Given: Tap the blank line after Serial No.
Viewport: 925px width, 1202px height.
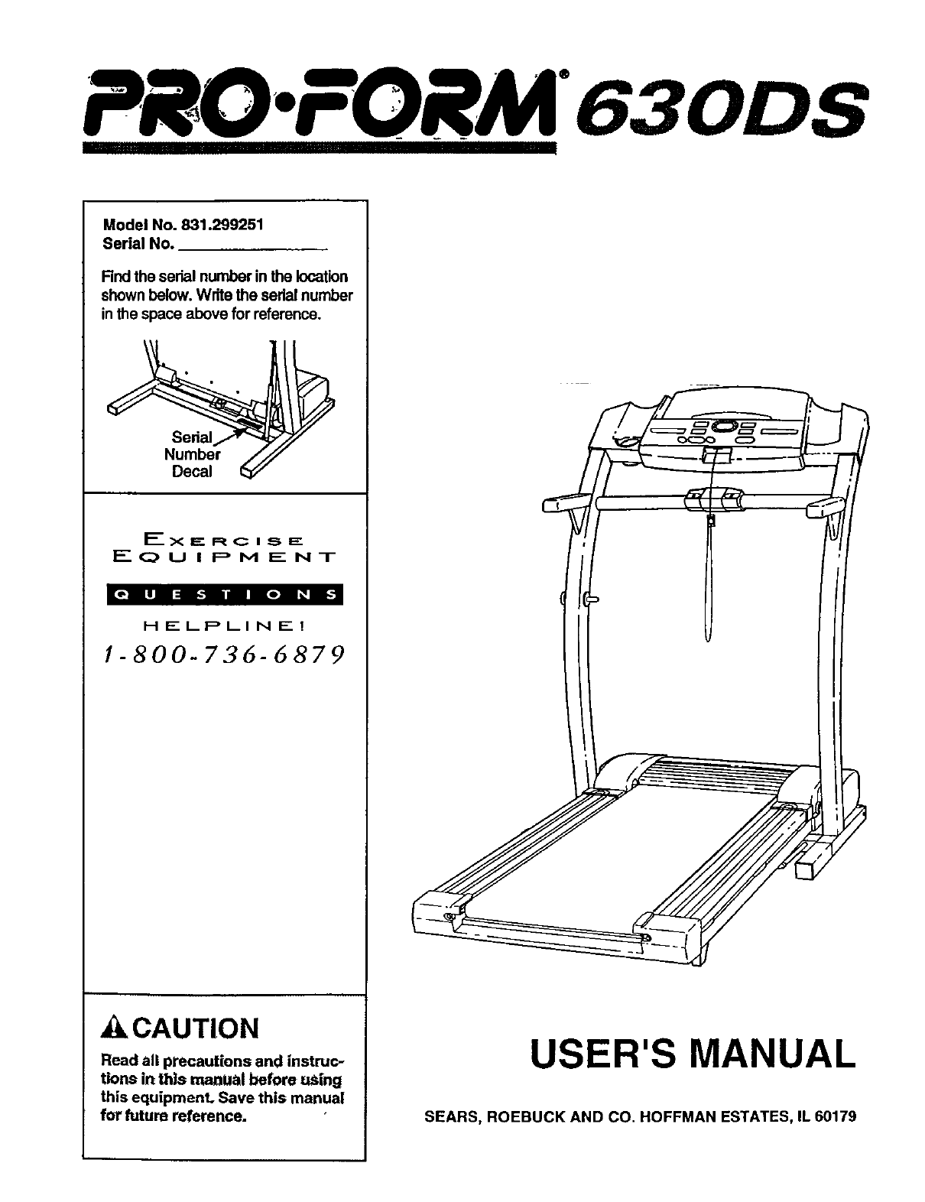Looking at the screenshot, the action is point(252,247).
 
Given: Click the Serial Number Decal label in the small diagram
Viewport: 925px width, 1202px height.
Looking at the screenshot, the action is point(192,454).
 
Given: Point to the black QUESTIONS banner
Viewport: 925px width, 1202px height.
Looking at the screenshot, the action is point(225,594).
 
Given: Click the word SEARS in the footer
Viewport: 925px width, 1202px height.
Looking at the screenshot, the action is point(450,1116).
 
